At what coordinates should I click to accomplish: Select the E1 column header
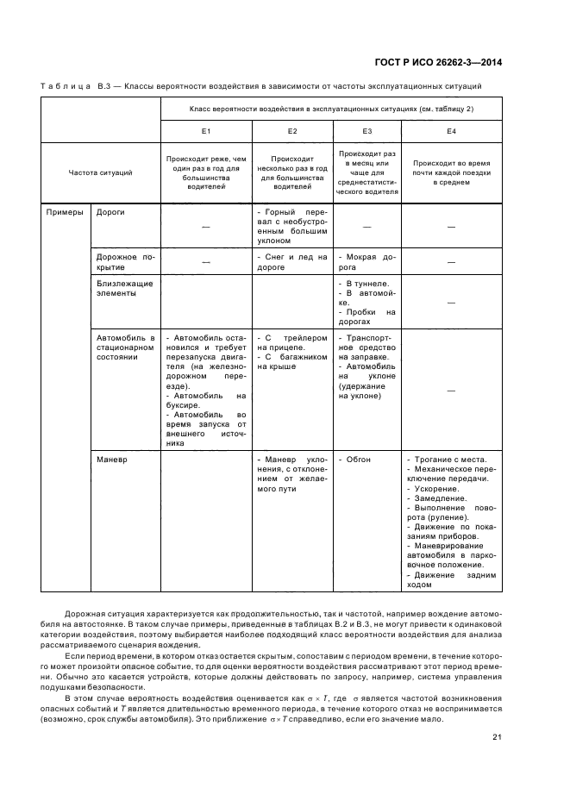pos(205,131)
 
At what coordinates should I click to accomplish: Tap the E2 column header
pos(291,131)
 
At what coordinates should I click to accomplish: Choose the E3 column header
pos(366,131)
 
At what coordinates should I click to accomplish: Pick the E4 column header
pos(451,131)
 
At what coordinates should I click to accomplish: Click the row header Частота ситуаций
pos(100,173)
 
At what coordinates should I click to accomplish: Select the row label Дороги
pos(110,211)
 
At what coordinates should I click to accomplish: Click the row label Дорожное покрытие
pos(125,261)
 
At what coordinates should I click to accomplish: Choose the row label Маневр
pos(111,460)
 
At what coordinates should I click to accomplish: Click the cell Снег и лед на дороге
pos(291,261)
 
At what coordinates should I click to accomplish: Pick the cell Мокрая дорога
pos(366,261)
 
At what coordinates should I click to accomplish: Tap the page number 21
pos(498,736)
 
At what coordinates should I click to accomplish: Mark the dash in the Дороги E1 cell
pos(205,226)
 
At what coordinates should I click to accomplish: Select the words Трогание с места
pos(449,460)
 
